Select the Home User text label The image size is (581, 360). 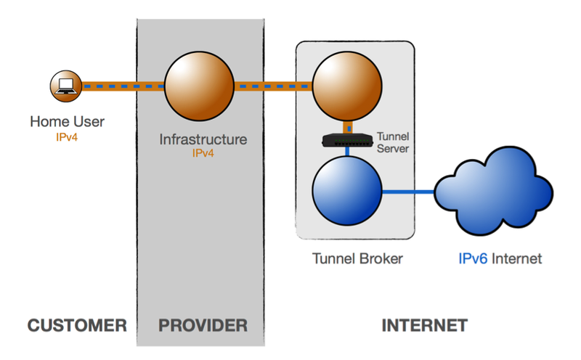(x=67, y=122)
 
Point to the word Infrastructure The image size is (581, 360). (x=203, y=139)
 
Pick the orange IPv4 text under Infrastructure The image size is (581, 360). (x=203, y=154)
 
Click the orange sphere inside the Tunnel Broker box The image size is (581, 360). (x=347, y=86)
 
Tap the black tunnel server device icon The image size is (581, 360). (x=346, y=138)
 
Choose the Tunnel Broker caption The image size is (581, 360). (x=357, y=258)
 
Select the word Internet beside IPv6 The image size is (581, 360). (x=517, y=258)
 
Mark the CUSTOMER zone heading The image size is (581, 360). (x=76, y=324)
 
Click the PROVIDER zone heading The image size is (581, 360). (x=203, y=324)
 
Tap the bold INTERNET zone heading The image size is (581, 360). (x=424, y=324)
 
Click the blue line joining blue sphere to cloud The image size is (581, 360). (x=408, y=192)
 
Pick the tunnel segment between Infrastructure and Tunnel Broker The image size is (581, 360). (x=272, y=86)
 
